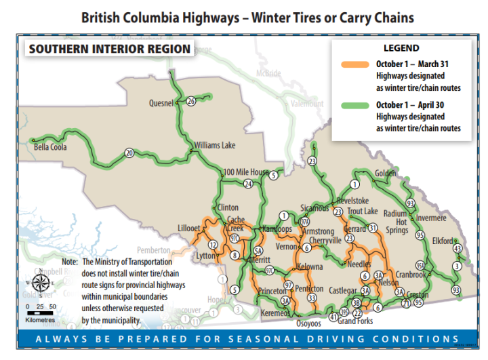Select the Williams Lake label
pyautogui.click(x=214, y=145)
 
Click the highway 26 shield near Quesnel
pyautogui.click(x=191, y=101)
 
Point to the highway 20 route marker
pyautogui.click(x=129, y=154)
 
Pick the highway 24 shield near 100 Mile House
pyautogui.click(x=248, y=184)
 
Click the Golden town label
pyautogui.click(x=385, y=173)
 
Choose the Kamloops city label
pyautogui.click(x=277, y=229)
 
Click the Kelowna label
pyautogui.click(x=310, y=267)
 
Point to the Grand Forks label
pyautogui.click(x=356, y=321)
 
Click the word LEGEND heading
pyautogui.click(x=403, y=49)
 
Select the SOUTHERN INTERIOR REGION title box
pyautogui.click(x=108, y=49)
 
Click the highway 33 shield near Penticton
pyautogui.click(x=312, y=298)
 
